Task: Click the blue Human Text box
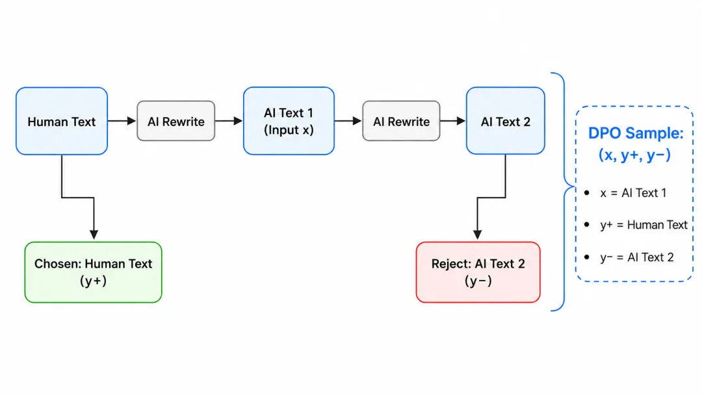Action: tap(62, 121)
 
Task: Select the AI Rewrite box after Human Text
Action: tap(176, 121)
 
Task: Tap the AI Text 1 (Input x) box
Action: tap(289, 121)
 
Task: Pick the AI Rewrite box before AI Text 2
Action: tap(401, 121)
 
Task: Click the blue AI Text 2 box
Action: tap(506, 121)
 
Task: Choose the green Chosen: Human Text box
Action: tap(93, 272)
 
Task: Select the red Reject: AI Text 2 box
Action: tap(478, 272)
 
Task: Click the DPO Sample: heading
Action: tap(636, 133)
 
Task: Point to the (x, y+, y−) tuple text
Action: tap(635, 155)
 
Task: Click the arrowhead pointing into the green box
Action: tap(94, 235)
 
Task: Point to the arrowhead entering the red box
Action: tap(478, 235)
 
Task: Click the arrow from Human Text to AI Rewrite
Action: tap(122, 121)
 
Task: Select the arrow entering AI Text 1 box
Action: tap(229, 121)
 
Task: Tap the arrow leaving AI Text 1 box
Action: tap(348, 121)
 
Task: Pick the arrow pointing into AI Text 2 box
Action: tap(452, 121)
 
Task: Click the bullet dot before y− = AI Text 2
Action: tap(587, 257)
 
